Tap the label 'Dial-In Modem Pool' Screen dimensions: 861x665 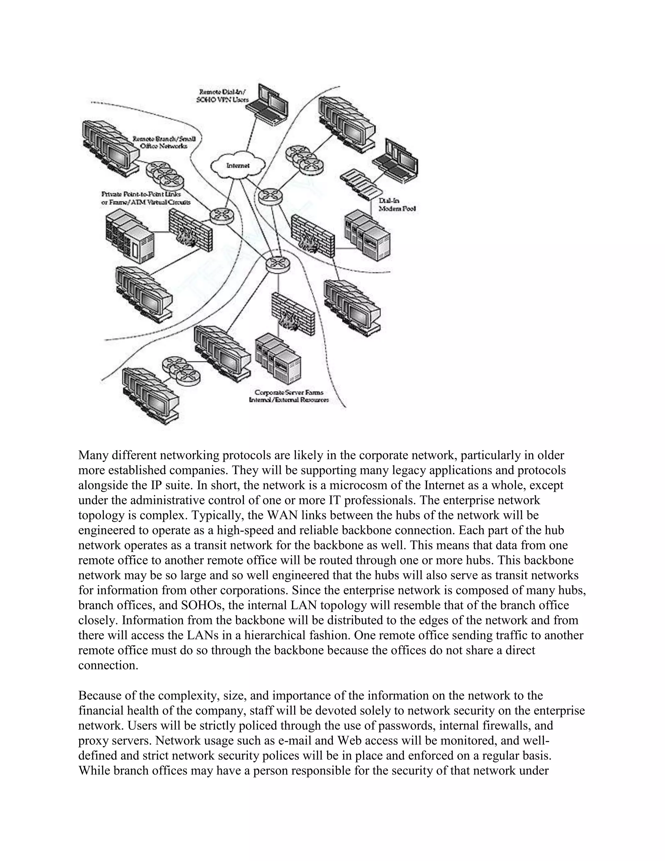click(x=397, y=205)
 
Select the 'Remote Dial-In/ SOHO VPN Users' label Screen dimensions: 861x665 click(x=222, y=96)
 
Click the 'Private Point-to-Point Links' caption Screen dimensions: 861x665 click(x=141, y=194)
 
